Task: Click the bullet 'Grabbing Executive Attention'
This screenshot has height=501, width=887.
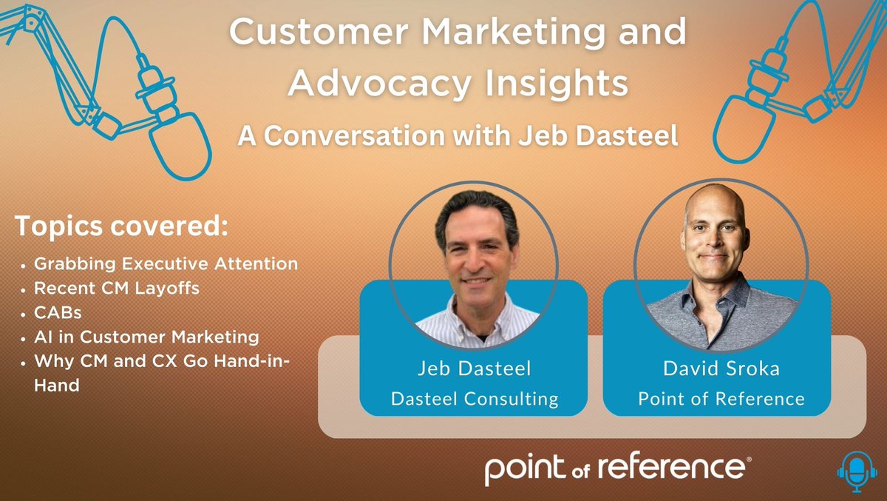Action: [x=166, y=263]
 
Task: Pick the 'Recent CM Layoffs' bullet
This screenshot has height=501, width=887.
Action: [x=117, y=288]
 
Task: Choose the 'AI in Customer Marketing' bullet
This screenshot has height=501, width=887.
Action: [x=147, y=337]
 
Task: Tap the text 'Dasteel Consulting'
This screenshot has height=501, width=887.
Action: [x=474, y=399]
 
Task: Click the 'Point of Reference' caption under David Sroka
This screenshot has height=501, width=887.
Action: [x=721, y=399]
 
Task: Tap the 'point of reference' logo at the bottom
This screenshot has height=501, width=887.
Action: [x=618, y=468]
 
